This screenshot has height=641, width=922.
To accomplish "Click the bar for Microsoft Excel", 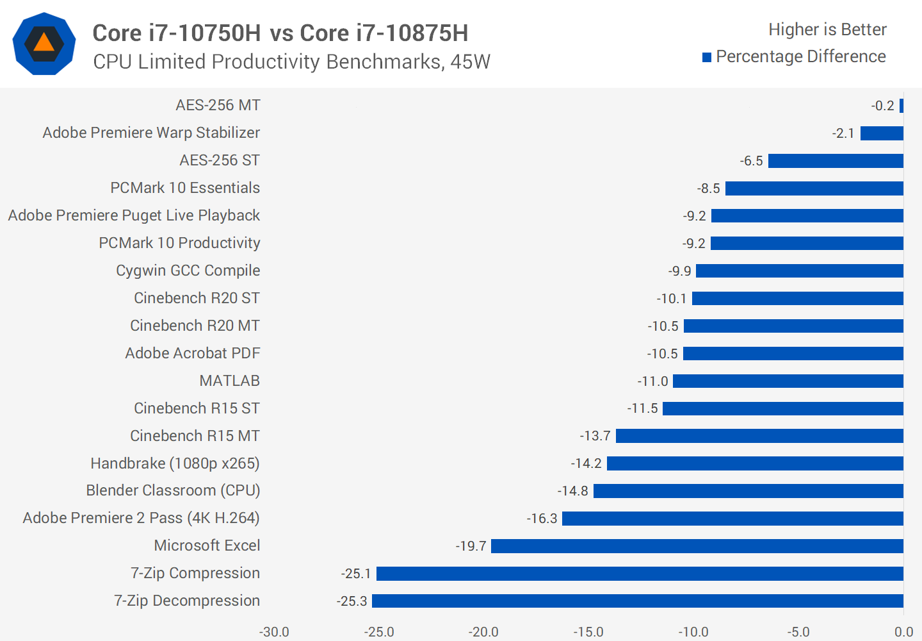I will pyautogui.click(x=697, y=546).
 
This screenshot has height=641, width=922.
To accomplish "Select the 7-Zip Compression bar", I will pyautogui.click(x=640, y=574).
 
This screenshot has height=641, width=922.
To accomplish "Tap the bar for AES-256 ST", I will pyautogui.click(x=836, y=161).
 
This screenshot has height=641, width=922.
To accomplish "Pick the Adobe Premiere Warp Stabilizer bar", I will pyautogui.click(x=882, y=133).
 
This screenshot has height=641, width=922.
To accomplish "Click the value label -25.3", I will pyautogui.click(x=352, y=601).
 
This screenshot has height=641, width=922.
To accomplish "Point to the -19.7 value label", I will pyautogui.click(x=471, y=546).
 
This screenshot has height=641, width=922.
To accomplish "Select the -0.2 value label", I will pyautogui.click(x=883, y=106).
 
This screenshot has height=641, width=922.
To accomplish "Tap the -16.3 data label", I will pyautogui.click(x=542, y=519).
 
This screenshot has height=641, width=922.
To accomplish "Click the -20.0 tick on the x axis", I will pyautogui.click(x=483, y=632).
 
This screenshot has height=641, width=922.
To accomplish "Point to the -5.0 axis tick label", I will pyautogui.click(x=798, y=632).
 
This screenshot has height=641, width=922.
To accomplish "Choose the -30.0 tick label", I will pyautogui.click(x=274, y=632).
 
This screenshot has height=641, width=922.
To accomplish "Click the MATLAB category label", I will pyautogui.click(x=229, y=381).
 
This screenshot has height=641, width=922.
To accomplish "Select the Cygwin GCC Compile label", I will pyautogui.click(x=188, y=271).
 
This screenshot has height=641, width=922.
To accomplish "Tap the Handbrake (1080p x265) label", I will pyautogui.click(x=175, y=463).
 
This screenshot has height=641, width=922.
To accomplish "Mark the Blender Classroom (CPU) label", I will pyautogui.click(x=173, y=490).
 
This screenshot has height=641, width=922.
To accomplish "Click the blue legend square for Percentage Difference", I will pyautogui.click(x=707, y=58).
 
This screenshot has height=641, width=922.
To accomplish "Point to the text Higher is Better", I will pyautogui.click(x=827, y=29).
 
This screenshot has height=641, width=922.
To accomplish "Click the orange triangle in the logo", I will pyautogui.click(x=44, y=43).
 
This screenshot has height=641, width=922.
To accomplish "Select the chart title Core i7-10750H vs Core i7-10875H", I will pyautogui.click(x=280, y=33).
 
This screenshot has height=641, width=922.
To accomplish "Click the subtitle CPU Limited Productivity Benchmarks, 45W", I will pyautogui.click(x=291, y=62).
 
